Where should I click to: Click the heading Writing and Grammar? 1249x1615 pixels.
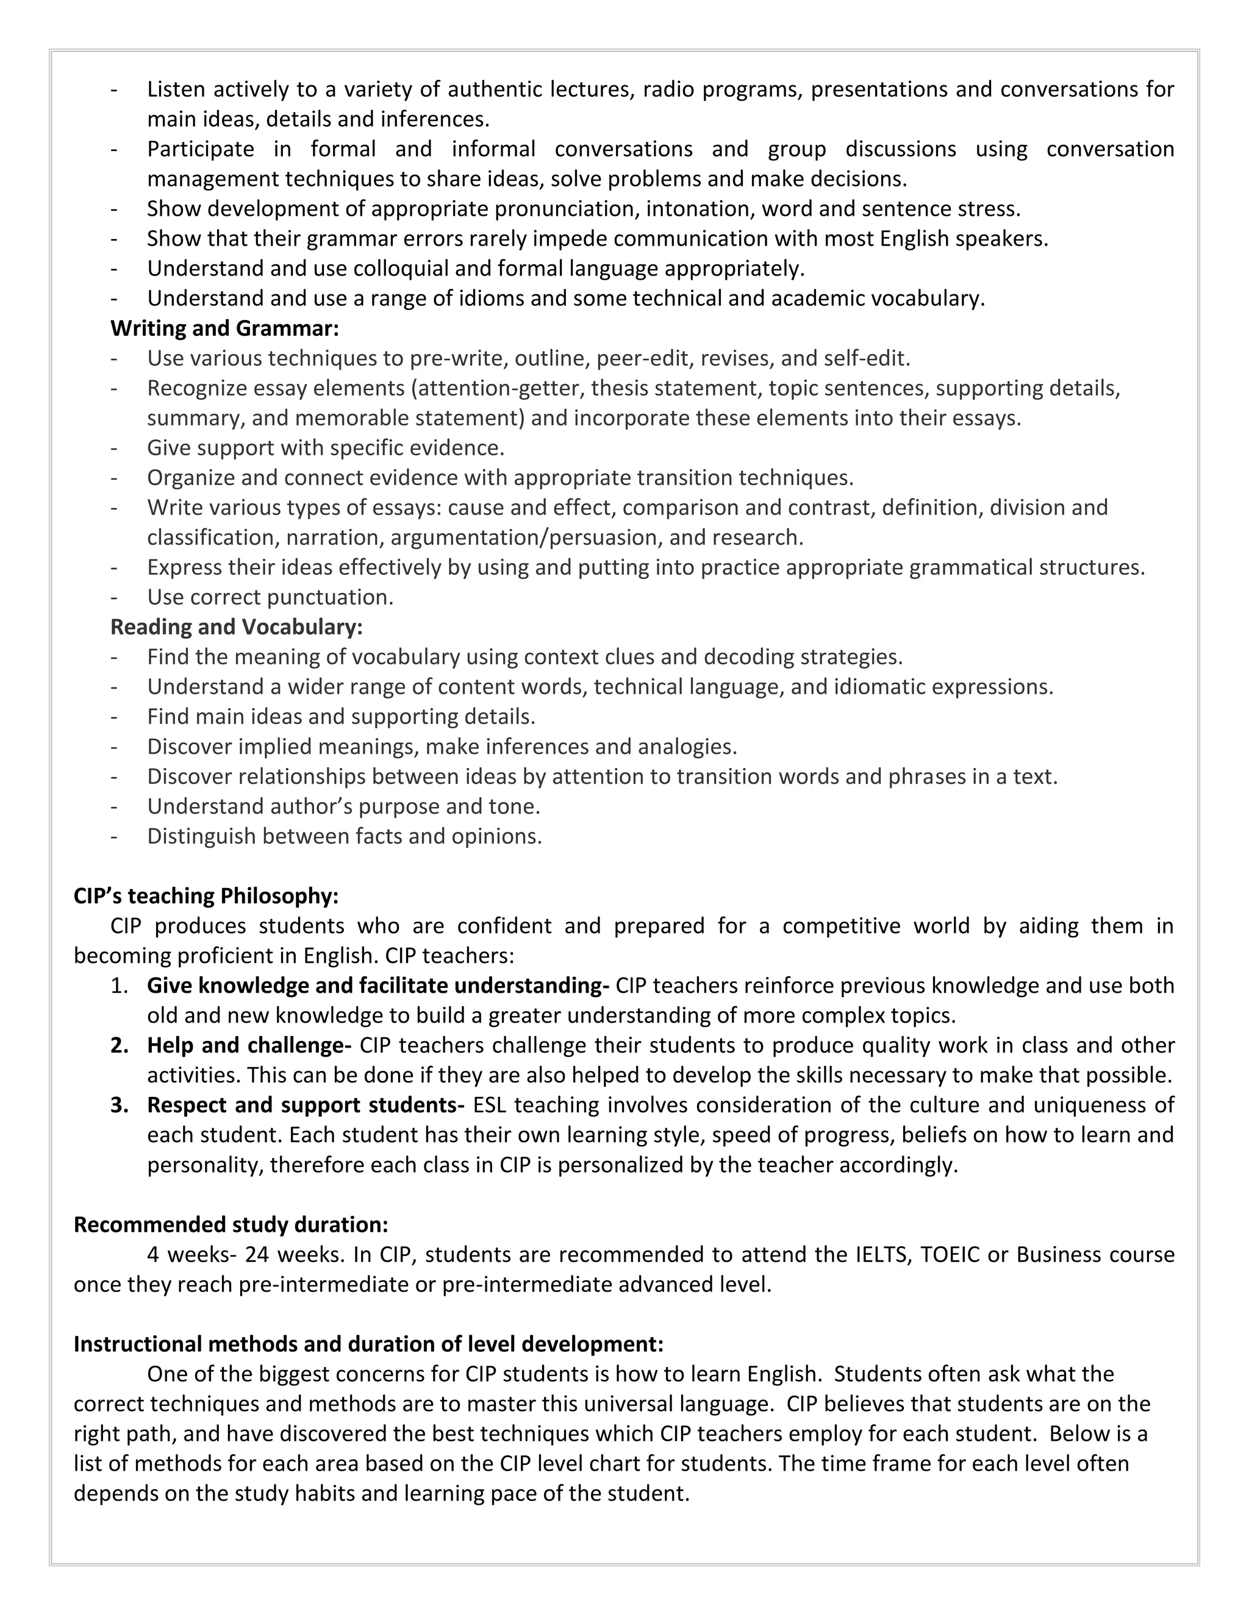(x=224, y=328)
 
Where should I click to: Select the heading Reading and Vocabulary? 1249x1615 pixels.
(x=236, y=626)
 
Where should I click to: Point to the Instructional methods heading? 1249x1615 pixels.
(x=368, y=1344)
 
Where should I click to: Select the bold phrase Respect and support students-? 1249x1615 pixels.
(x=306, y=1105)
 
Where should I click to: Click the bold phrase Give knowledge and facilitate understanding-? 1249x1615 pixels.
(x=378, y=985)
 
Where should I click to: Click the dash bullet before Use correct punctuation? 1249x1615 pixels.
(x=114, y=597)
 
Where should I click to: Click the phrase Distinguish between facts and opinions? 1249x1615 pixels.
(x=344, y=836)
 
